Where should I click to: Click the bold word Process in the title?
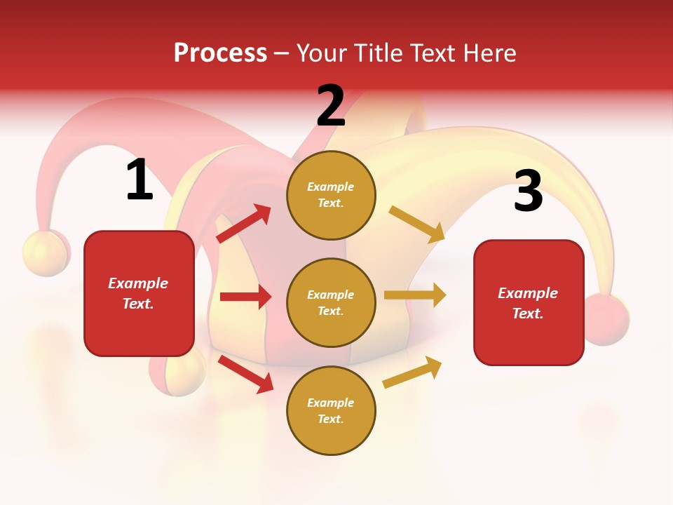pyautogui.click(x=220, y=53)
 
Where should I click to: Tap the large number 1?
pyautogui.click(x=140, y=180)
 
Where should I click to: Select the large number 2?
pyautogui.click(x=331, y=106)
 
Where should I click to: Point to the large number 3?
pyautogui.click(x=528, y=191)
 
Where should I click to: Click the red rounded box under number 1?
pyautogui.click(x=139, y=293)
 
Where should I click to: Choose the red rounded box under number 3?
pyautogui.click(x=529, y=302)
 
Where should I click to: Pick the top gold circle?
pyautogui.click(x=331, y=195)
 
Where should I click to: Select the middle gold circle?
pyautogui.click(x=331, y=302)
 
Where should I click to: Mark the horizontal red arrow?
pyautogui.click(x=245, y=297)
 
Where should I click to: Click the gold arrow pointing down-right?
pyautogui.click(x=417, y=224)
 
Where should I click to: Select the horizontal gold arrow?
pyautogui.click(x=415, y=295)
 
